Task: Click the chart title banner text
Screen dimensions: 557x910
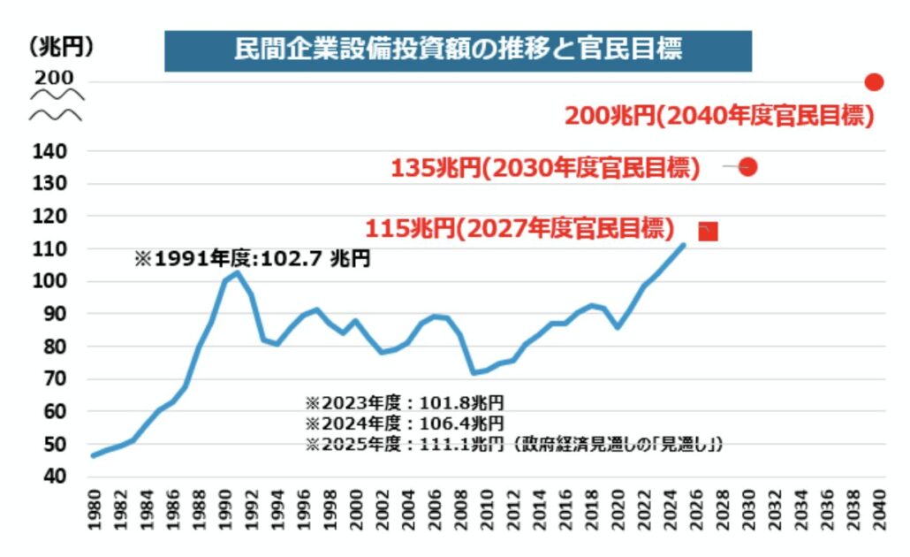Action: (x=458, y=50)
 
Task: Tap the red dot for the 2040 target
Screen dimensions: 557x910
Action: (x=874, y=82)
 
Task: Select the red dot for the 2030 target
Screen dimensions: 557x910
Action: (x=747, y=166)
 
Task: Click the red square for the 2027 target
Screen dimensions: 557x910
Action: (x=708, y=232)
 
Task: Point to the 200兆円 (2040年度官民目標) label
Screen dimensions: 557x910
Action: (x=719, y=115)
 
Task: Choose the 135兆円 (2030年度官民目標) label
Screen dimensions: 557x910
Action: (x=545, y=167)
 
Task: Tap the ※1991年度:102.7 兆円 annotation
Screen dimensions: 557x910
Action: (x=252, y=260)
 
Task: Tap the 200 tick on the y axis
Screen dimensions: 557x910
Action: (x=54, y=79)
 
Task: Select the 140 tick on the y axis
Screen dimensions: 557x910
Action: (x=53, y=151)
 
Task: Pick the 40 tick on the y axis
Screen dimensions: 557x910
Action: (x=57, y=477)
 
